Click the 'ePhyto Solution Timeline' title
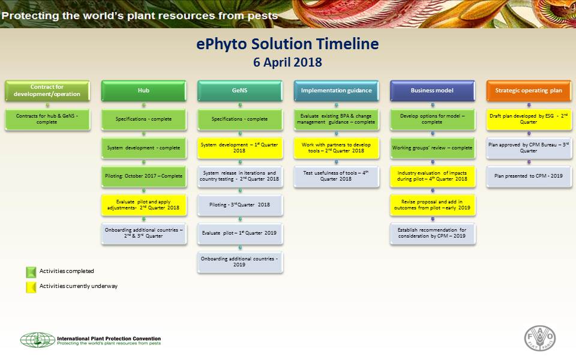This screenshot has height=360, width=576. [288, 44]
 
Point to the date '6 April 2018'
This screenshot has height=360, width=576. [288, 62]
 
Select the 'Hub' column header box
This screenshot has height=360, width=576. [144, 91]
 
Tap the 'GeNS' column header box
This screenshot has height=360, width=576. [240, 91]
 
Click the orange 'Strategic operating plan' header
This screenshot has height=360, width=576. [529, 91]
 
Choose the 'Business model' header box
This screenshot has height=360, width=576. [432, 91]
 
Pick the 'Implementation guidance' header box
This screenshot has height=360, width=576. [336, 91]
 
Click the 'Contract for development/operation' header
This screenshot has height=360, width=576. [47, 91]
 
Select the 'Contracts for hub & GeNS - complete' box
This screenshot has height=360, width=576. [47, 119]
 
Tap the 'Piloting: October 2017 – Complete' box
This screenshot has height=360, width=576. [144, 176]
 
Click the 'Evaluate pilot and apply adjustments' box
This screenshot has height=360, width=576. [144, 205]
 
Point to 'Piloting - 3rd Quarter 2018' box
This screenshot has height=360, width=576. [240, 205]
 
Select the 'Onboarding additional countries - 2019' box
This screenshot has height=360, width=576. [240, 262]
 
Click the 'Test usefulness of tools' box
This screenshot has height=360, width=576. [336, 176]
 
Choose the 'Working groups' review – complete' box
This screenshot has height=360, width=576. [432, 148]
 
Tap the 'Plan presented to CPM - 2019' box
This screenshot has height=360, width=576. [529, 176]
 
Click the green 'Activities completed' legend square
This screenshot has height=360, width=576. [31, 272]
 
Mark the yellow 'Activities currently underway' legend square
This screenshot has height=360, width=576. [31, 286]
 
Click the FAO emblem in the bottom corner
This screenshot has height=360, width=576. [540, 339]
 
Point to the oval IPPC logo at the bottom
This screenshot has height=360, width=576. [37, 340]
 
